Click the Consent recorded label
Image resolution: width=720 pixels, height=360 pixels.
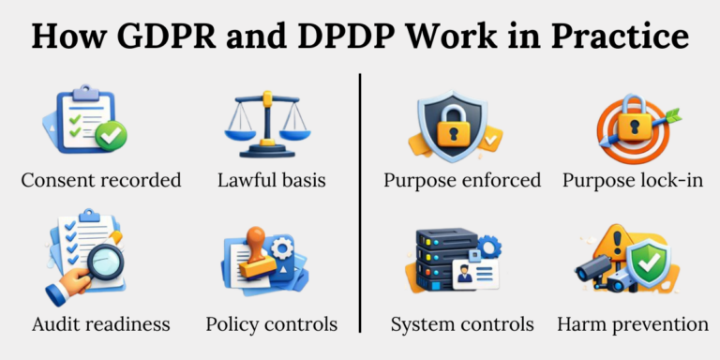coord(100,180)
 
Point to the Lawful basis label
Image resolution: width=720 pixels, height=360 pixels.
coord(271,180)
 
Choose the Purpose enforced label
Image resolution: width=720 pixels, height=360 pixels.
coord(462,180)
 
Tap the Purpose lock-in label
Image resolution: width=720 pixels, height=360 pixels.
coord(633,180)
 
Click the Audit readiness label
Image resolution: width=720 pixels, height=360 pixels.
coord(100,324)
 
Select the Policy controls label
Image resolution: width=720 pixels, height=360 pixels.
coord(271,324)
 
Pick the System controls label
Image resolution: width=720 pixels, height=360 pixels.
coord(462,324)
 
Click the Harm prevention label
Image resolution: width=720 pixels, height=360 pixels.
coord(633,324)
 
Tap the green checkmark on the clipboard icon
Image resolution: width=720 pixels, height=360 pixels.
coord(112,136)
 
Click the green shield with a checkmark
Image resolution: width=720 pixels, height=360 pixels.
coord(648,265)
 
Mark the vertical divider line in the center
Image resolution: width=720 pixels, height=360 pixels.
coord(360,202)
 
